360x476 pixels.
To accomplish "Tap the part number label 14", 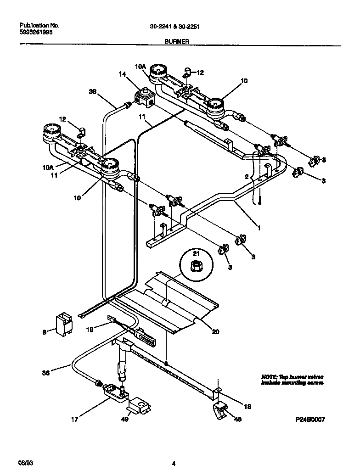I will coord(122,74).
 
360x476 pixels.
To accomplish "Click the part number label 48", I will coord(237,419).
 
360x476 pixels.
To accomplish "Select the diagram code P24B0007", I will coord(310,419).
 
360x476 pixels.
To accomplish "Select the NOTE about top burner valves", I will coord(292,379).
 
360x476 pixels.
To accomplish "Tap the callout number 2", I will coord(247,176).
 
